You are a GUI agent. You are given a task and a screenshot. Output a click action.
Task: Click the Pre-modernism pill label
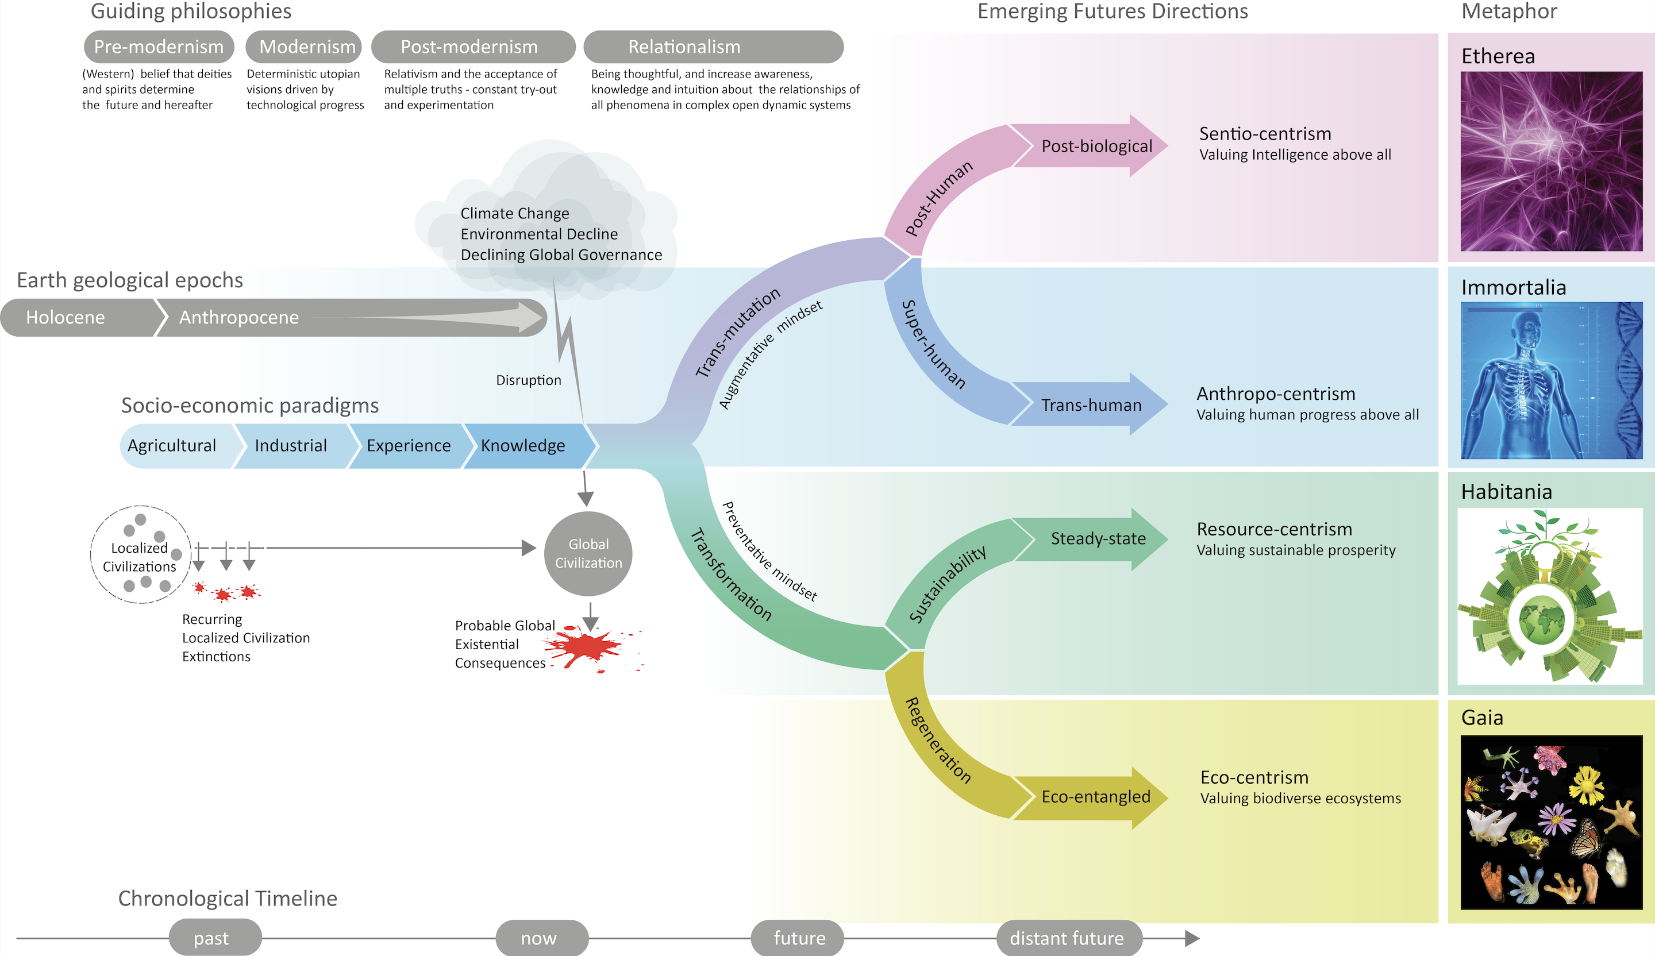(x=159, y=47)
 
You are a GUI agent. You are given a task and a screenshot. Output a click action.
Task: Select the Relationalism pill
(x=713, y=47)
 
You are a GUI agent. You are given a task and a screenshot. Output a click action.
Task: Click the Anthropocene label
(x=239, y=318)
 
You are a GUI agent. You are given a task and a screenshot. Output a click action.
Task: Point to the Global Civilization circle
(x=588, y=553)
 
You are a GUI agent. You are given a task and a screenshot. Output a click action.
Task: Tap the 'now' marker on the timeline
(x=542, y=938)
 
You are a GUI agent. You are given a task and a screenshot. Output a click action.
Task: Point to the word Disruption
(x=529, y=380)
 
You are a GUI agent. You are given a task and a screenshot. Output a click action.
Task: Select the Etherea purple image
(x=1551, y=161)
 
